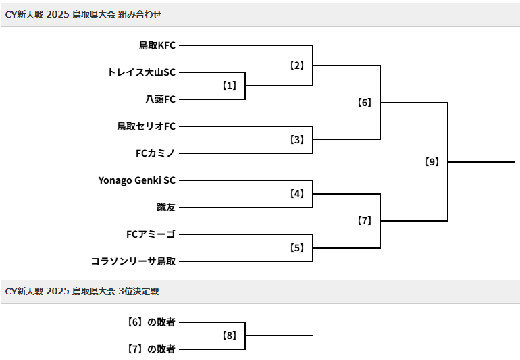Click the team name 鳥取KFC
coord(157,45)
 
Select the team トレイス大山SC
coord(141,72)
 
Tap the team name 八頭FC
coord(160,99)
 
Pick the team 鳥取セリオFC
coord(146,126)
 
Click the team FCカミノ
coord(155,153)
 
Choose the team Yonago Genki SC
coord(136,180)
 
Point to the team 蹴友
coord(166,207)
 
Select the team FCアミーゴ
coord(151,234)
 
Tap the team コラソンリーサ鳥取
coord(133,261)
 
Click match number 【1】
coord(230,86)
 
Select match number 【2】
coord(297,66)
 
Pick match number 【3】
coord(297,140)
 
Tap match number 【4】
coord(297,194)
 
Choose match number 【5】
coord(297,248)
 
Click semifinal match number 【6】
coord(365,103)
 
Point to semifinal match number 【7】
coord(365,221)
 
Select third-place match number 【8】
coord(230,336)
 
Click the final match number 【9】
coord(432,162)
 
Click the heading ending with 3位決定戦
coord(82,292)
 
